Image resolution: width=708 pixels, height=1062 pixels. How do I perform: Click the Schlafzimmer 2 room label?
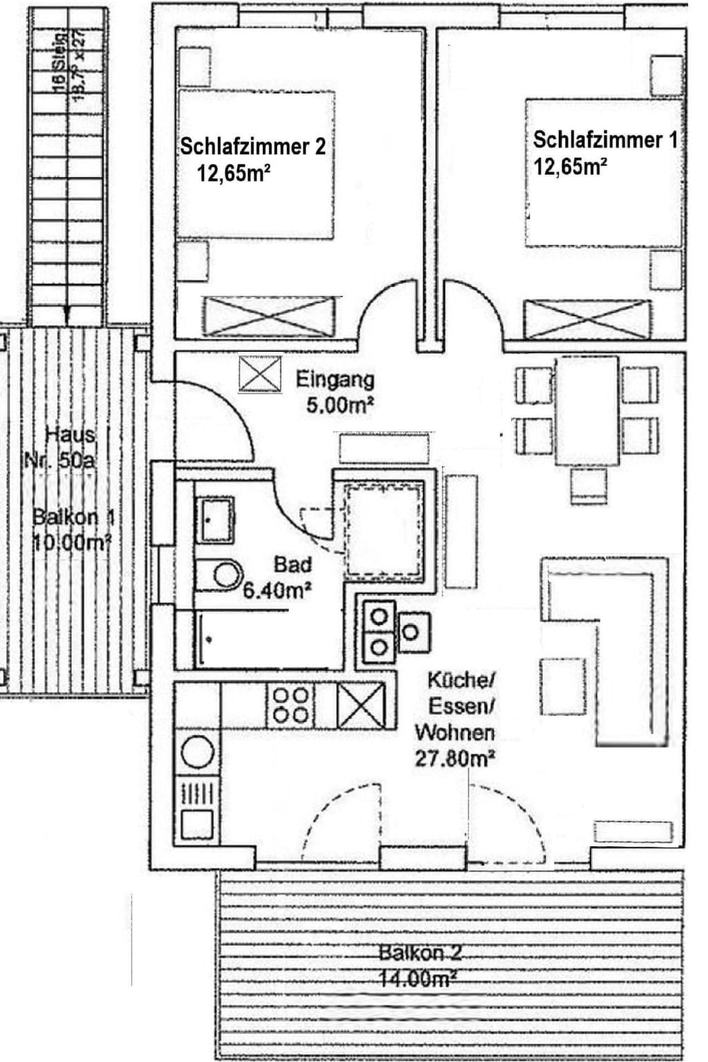click(252, 147)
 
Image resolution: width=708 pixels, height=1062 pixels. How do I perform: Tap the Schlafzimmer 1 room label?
click(605, 140)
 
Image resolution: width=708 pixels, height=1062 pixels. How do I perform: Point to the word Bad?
click(292, 564)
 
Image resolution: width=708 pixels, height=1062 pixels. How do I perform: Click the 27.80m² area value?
click(454, 758)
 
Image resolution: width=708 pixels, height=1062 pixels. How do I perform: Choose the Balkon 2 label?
click(420, 953)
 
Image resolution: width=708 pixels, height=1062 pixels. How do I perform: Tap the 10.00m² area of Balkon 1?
click(72, 541)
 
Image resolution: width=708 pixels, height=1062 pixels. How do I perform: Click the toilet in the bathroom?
click(220, 574)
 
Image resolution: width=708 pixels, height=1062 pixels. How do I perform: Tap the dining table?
click(587, 411)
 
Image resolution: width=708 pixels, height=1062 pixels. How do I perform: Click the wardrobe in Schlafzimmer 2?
click(271, 317)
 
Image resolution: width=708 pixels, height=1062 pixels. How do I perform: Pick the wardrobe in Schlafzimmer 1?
click(587, 319)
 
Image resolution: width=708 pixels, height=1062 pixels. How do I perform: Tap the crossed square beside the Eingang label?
click(260, 374)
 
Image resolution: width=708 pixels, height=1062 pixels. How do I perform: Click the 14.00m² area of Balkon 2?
click(417, 979)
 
